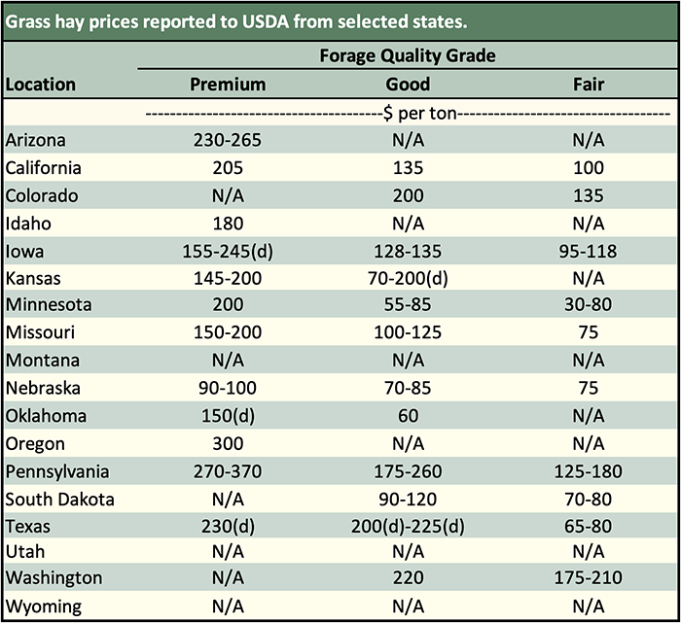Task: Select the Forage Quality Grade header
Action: click(x=408, y=55)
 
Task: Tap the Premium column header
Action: click(x=227, y=85)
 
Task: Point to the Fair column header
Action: click(x=589, y=85)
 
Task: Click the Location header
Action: click(x=41, y=85)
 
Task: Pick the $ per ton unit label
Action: click(x=408, y=113)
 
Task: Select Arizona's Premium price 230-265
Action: click(x=227, y=140)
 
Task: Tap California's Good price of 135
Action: click(x=408, y=167)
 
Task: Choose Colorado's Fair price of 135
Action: click(x=589, y=195)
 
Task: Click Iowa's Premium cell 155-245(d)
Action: click(x=227, y=251)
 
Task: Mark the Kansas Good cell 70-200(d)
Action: click(x=408, y=278)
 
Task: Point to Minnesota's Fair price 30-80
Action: click(x=589, y=305)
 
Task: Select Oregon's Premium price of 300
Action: click(x=227, y=444)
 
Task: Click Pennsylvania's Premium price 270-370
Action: click(x=227, y=472)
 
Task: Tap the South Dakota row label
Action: click(x=60, y=500)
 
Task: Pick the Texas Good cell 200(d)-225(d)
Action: click(x=408, y=527)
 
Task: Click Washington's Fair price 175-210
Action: click(x=589, y=578)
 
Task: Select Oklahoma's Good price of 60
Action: click(x=408, y=416)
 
